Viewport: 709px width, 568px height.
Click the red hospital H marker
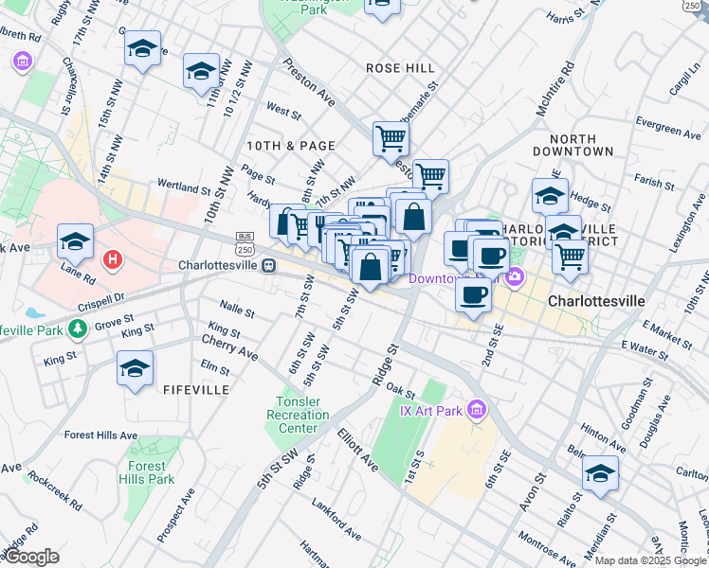(x=113, y=258)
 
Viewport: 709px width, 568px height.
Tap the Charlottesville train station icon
(x=269, y=266)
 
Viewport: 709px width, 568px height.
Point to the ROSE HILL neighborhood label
(x=401, y=68)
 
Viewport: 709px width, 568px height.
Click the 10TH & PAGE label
(x=291, y=145)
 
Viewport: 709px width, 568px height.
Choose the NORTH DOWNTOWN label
(x=573, y=145)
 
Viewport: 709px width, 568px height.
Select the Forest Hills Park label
(x=149, y=472)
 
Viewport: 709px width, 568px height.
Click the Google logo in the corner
(x=32, y=557)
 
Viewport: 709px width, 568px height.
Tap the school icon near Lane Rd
(x=76, y=240)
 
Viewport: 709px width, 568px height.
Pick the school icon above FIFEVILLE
(x=136, y=367)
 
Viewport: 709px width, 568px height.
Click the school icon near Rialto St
(x=600, y=472)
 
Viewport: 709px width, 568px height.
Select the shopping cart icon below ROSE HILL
(x=391, y=138)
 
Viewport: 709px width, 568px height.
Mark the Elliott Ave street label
(x=357, y=450)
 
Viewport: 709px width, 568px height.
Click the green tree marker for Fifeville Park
(x=76, y=328)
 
